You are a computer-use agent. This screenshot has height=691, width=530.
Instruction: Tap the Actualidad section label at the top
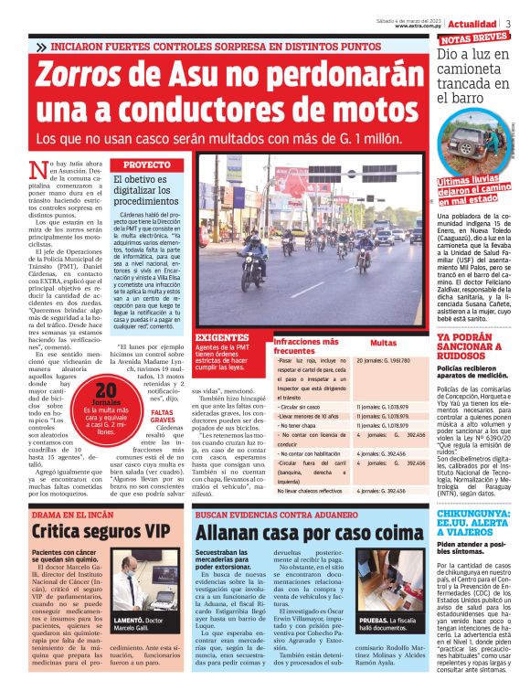pos(472,24)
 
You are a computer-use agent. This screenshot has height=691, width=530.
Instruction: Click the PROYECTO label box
pos(146,165)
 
